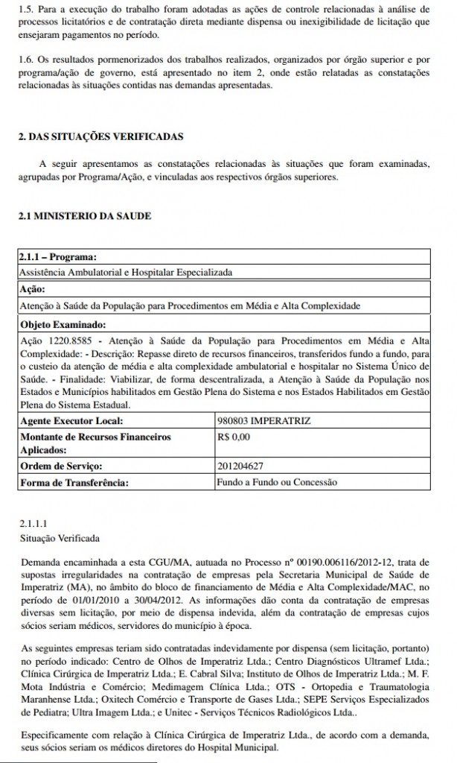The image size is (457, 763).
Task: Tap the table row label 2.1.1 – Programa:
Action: pos(59,257)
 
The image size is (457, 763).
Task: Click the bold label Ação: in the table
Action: pos(33,289)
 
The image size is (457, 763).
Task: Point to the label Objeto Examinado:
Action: pos(63,324)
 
